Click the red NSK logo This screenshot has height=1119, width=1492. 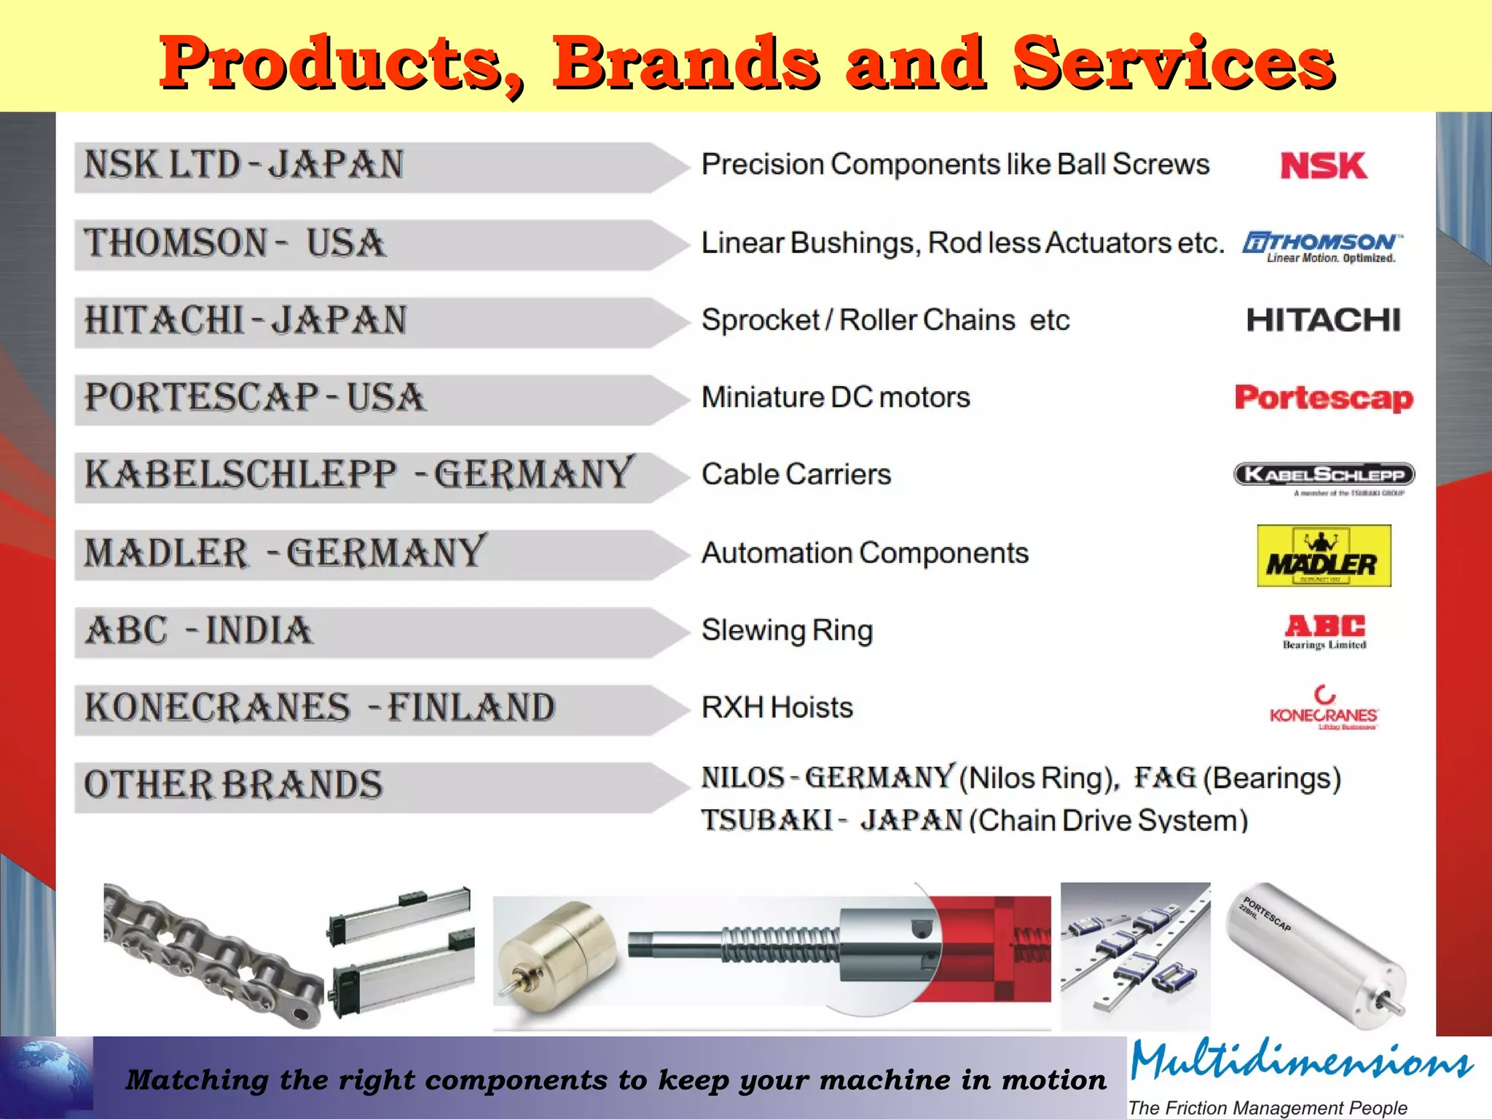(x=1324, y=165)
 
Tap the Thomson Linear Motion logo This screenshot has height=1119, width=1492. (x=1323, y=246)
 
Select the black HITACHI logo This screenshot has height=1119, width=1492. (x=1323, y=321)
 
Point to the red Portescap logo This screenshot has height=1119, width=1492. (x=1324, y=398)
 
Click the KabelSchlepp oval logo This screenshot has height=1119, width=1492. (x=1324, y=475)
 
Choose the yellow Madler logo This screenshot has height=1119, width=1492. (x=1324, y=556)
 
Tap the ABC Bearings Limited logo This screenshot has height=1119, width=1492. (x=1324, y=630)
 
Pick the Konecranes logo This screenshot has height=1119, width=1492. (x=1324, y=708)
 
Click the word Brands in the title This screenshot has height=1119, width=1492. (x=685, y=63)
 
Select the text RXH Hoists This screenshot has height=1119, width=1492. (x=777, y=707)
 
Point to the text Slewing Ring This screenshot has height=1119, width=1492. (x=787, y=630)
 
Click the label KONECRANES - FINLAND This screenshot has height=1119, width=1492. (x=319, y=707)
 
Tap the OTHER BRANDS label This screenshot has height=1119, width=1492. (x=233, y=785)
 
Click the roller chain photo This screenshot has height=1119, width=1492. (x=211, y=954)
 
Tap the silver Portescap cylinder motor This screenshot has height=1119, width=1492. (x=1315, y=954)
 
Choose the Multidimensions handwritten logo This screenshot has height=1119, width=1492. (x=1300, y=1061)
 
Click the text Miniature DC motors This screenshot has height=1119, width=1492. (x=836, y=398)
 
